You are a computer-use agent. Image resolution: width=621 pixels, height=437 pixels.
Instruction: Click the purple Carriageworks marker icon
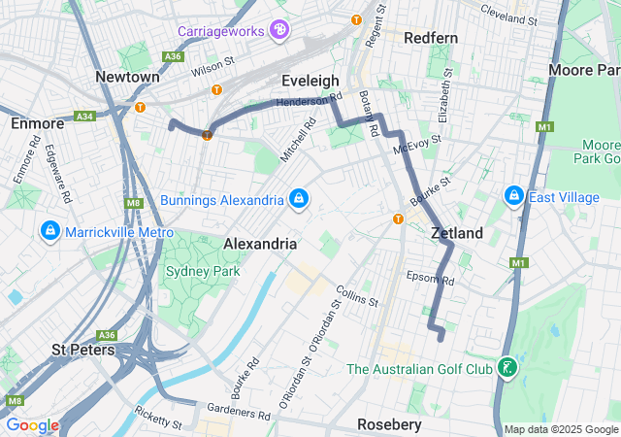(x=279, y=31)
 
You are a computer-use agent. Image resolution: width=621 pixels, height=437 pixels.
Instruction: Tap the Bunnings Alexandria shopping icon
(x=299, y=199)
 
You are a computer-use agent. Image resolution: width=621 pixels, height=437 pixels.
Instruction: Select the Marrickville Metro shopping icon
(x=49, y=231)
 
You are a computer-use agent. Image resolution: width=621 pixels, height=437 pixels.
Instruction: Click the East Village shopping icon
(x=514, y=197)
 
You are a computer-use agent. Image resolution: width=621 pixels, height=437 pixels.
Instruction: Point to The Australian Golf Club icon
(x=507, y=368)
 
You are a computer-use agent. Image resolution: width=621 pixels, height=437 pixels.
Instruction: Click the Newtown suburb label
(x=127, y=77)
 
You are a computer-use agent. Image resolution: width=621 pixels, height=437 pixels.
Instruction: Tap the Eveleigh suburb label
(x=310, y=81)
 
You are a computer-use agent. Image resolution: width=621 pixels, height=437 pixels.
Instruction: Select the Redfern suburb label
(x=430, y=37)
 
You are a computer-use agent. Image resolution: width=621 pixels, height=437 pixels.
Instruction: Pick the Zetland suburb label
(x=457, y=234)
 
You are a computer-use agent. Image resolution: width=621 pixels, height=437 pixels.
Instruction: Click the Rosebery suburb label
(x=389, y=424)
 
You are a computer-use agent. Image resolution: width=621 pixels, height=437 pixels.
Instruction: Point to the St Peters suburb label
(x=83, y=349)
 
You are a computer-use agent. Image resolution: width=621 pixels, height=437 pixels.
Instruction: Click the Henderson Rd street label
(x=310, y=100)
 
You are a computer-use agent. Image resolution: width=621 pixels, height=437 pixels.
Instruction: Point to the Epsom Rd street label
(x=430, y=279)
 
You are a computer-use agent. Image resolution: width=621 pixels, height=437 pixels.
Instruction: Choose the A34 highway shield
(x=84, y=117)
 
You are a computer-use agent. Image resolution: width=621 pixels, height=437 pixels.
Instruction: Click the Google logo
(x=32, y=425)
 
